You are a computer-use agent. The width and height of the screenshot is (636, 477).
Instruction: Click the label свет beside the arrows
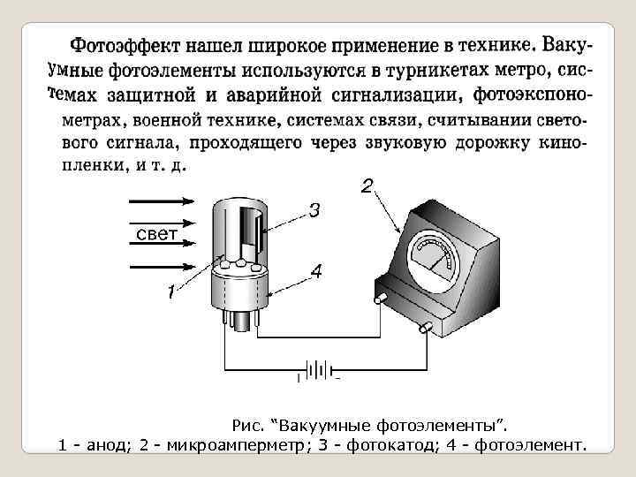point(157,233)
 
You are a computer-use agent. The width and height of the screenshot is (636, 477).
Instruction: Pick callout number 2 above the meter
point(366,186)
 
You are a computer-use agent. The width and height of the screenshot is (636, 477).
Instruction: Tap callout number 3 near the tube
point(313,211)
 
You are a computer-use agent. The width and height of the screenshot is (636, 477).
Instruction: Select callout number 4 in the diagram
point(315,272)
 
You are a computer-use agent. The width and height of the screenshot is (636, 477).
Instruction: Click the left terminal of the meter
point(381,299)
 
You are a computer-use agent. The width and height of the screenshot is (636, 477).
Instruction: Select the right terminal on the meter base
point(425,328)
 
